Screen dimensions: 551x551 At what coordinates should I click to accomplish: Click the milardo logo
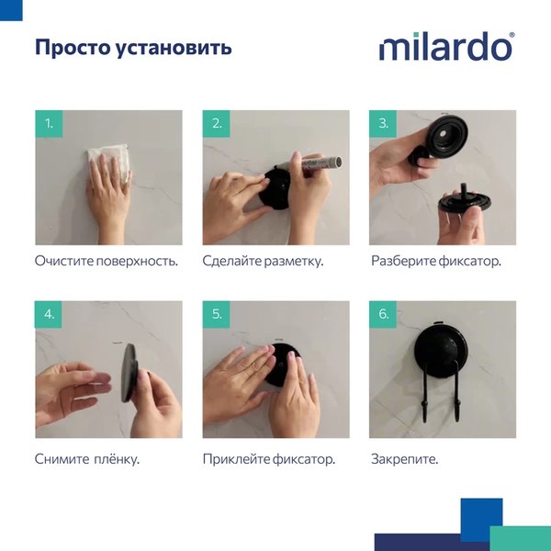point(446,47)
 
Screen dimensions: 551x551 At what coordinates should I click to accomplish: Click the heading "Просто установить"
point(133,47)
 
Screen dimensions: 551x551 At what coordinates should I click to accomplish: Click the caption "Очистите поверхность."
point(106,261)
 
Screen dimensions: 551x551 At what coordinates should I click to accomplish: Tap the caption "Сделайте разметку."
point(263,261)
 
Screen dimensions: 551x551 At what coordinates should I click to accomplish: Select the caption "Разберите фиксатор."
point(436,261)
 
